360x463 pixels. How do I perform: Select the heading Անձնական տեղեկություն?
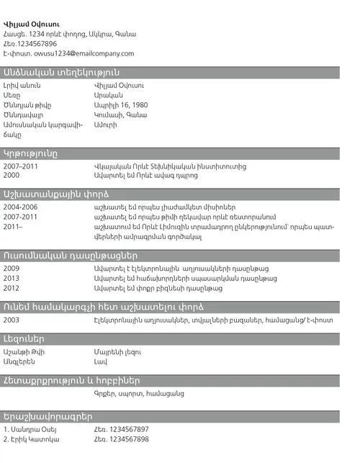click(x=61, y=73)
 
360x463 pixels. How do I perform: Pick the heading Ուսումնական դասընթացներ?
click(x=70, y=255)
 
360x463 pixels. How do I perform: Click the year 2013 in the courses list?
click(x=12, y=278)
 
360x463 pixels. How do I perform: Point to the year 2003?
click(x=12, y=320)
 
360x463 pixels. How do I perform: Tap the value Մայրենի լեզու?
click(x=117, y=351)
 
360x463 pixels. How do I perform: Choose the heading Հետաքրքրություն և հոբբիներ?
click(x=71, y=380)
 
